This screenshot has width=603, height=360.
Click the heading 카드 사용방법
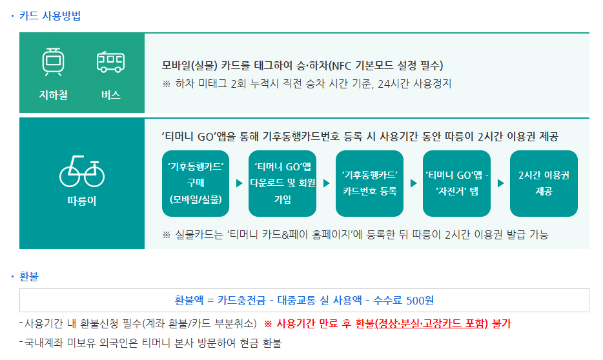coord(50,16)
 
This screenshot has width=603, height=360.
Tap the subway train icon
coord(53,62)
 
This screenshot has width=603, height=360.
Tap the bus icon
coord(110,62)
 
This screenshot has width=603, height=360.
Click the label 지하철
coord(53,95)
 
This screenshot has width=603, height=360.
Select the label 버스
coord(110,95)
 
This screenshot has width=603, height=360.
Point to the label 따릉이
coord(82,201)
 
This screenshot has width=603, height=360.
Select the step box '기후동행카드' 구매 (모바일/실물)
coord(196,183)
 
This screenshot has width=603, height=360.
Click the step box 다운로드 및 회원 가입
coord(283,183)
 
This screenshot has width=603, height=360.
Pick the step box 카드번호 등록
coord(370,183)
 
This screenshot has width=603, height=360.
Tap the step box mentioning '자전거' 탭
coord(456,183)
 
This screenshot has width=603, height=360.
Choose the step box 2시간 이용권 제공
coord(544,183)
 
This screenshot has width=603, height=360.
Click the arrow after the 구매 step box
coord(240,183)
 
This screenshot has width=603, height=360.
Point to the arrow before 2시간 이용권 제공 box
coord(500,183)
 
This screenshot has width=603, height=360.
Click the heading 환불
coord(29,276)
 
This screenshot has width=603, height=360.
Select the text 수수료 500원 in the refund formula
coord(405,300)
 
